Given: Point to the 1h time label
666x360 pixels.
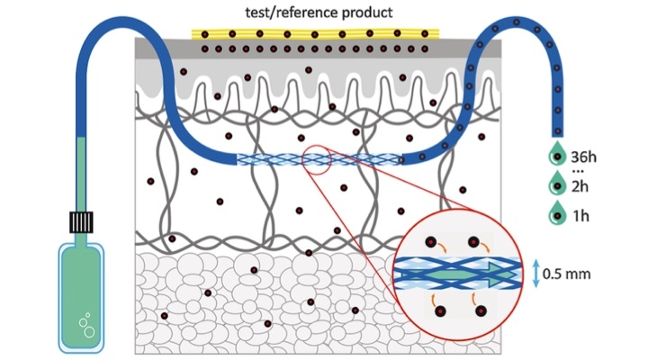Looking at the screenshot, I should pos(583,216).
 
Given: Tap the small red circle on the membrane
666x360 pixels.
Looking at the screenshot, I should pos(317,158).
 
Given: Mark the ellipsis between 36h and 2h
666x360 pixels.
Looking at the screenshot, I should pos(580,171).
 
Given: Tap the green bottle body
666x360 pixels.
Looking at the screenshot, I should pos(81,297).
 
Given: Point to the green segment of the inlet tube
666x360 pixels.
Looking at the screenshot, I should pos(81,171).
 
